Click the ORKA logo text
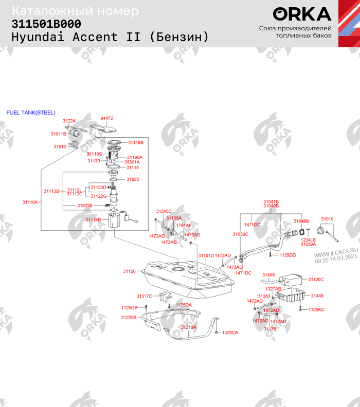tap(302, 14)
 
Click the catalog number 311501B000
tap(46, 24)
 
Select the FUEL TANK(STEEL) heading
tap(31, 113)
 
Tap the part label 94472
tap(107, 118)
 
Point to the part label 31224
tap(69, 121)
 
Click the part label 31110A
tap(30, 202)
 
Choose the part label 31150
tap(129, 271)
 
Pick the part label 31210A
tap(188, 327)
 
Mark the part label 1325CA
tap(230, 332)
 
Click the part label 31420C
tap(316, 280)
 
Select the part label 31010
tap(328, 219)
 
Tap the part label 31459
tap(268, 275)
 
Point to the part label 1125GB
tap(129, 307)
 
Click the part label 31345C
tap(164, 211)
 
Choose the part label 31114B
tap(93, 220)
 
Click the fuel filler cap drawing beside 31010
tap(325, 232)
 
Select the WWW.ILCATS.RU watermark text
tap(335, 254)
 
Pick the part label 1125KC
tap(316, 309)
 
